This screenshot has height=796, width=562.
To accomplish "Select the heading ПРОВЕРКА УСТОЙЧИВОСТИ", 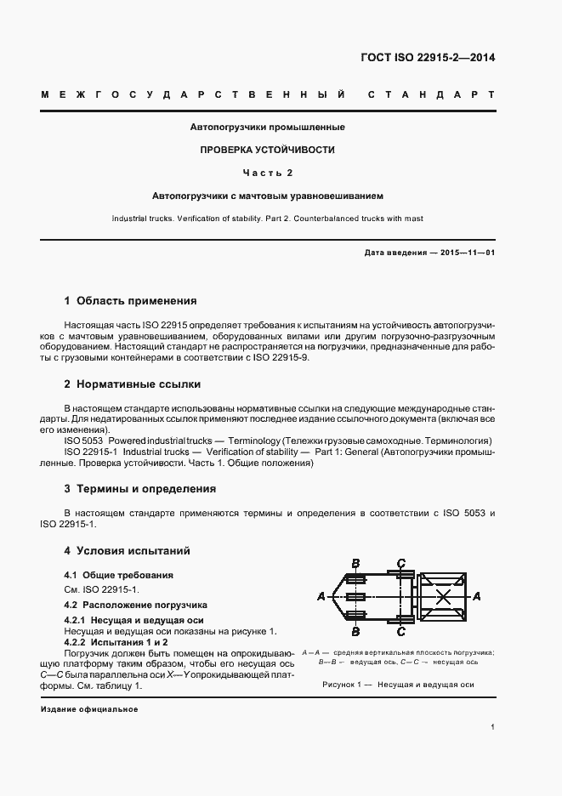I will click(x=267, y=150).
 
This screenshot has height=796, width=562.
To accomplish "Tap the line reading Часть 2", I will click(x=267, y=173).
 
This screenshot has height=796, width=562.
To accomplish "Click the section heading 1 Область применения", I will click(x=130, y=300).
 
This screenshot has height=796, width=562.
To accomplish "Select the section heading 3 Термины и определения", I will click(x=140, y=489).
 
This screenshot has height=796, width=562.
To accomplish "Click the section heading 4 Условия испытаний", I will click(x=128, y=550).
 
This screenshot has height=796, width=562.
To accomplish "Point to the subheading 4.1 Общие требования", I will click(x=119, y=575).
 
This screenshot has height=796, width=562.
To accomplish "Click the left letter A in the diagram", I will click(x=321, y=596).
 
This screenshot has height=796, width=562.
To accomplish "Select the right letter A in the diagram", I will click(x=477, y=596).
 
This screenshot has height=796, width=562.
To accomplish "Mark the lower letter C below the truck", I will click(x=400, y=631).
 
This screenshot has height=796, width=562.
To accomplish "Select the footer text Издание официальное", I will click(x=88, y=709).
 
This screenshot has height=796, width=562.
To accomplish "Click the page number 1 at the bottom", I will click(x=493, y=726).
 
